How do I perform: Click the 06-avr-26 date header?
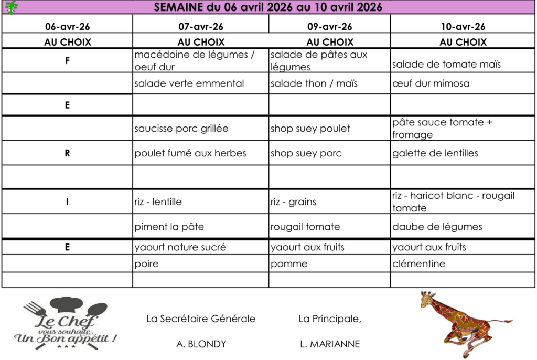(67, 27)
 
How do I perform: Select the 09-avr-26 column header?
(330, 27)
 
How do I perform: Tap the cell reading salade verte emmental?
(189, 83)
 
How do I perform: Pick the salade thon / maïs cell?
(314, 83)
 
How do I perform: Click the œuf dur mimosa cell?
(431, 83)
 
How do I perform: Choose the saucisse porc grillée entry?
(181, 129)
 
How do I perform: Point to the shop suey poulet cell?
(310, 129)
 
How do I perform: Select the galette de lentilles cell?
(435, 153)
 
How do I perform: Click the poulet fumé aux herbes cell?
(190, 153)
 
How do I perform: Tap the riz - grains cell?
(294, 202)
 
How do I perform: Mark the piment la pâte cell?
(169, 227)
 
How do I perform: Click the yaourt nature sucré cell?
(180, 247)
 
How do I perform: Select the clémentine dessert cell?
(418, 264)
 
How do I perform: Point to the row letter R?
(67, 153)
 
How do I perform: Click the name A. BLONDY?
(201, 344)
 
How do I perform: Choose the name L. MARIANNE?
(330, 344)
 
